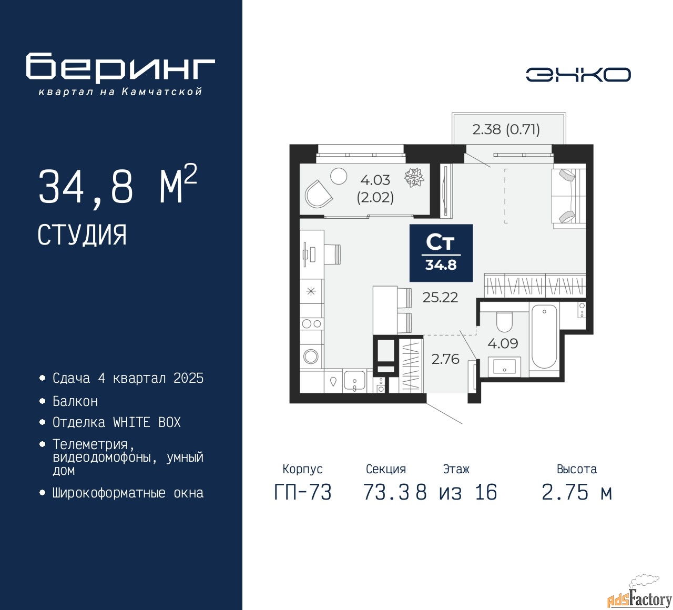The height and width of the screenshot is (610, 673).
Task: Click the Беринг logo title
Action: [x=120, y=67]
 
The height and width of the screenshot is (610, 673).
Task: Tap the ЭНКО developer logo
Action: [x=578, y=75]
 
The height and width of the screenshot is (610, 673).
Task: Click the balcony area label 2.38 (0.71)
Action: [x=506, y=129]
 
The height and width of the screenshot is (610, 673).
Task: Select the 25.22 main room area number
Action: [x=440, y=297]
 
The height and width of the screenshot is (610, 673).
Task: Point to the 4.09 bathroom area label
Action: [x=503, y=343]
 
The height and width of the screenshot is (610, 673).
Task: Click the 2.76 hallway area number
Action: [x=445, y=359]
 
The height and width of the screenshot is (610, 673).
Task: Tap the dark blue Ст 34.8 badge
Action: [x=441, y=252]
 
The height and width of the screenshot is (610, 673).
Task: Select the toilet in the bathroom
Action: [x=504, y=322]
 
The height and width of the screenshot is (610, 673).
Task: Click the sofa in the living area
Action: [x=569, y=196]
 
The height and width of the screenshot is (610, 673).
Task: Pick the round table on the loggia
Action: [x=339, y=176]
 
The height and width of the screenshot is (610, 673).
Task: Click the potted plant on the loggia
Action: [x=414, y=177]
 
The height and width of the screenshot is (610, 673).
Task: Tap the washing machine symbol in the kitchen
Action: [x=311, y=356]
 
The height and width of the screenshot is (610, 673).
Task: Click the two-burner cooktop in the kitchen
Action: [x=312, y=324]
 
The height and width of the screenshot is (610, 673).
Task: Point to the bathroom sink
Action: [x=504, y=367]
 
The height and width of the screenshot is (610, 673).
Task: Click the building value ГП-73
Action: [x=303, y=493]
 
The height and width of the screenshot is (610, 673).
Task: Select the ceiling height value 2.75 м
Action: [x=577, y=492]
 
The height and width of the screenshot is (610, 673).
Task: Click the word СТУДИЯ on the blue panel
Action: [x=82, y=235]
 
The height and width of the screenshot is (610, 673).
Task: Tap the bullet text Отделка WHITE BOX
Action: [x=116, y=422]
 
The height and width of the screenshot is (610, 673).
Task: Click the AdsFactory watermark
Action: [x=640, y=597]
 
